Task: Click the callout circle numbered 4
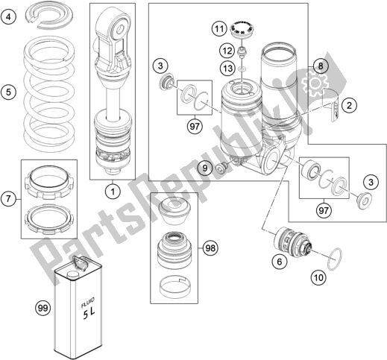9,17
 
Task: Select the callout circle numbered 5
9,92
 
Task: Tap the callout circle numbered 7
9,199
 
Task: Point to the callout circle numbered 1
113,192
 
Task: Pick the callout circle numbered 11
219,29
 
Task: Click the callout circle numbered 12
227,51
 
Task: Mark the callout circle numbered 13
227,68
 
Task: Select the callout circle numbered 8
321,66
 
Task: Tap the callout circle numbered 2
349,105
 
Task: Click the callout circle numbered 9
205,168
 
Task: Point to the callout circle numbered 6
280,262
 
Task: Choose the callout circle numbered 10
318,277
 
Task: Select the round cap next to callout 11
242,29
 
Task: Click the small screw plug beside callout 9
221,168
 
